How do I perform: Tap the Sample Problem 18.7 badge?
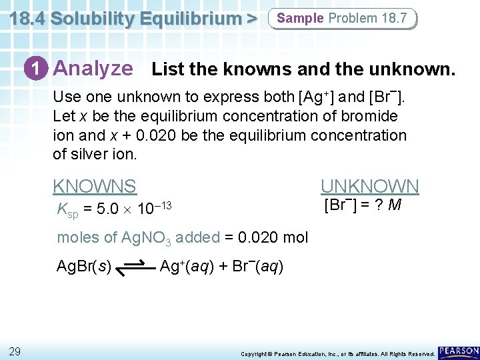342,18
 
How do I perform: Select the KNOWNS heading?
94,186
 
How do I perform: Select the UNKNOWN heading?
370,186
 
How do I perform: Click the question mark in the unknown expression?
377,205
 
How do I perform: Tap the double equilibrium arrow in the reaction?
135,268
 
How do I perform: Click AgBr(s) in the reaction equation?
84,267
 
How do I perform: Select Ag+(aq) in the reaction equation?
186,267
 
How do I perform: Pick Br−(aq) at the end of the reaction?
257,267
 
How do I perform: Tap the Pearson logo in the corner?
459,351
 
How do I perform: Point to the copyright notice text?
337,353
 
